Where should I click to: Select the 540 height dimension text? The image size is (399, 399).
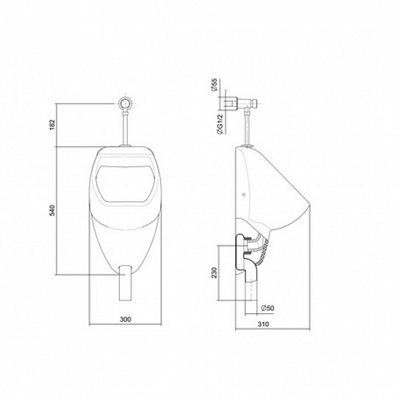51,212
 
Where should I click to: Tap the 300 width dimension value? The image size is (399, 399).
125,320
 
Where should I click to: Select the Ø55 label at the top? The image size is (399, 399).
213,89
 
